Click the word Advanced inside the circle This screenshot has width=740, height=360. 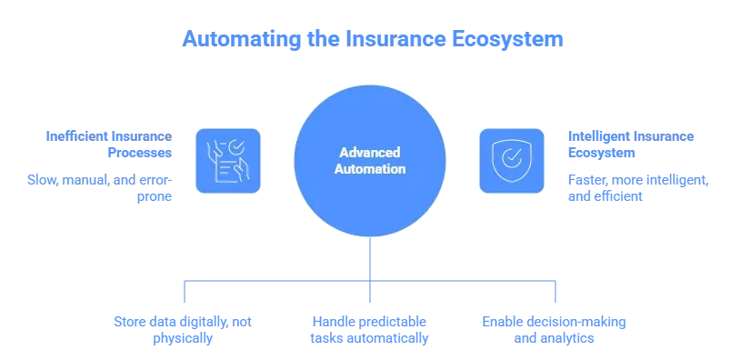pyautogui.click(x=369, y=153)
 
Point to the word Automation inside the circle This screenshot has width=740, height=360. pyautogui.click(x=369, y=169)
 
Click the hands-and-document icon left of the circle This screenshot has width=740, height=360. pyautogui.click(x=228, y=160)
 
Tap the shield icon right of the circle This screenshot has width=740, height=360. pyautogui.click(x=511, y=160)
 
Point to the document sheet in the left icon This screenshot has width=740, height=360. pyautogui.click(x=234, y=168)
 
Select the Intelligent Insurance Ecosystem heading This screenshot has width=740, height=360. pyautogui.click(x=632, y=145)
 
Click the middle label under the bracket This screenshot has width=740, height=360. pyautogui.click(x=370, y=328)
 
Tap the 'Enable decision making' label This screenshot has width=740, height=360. pyautogui.click(x=554, y=328)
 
